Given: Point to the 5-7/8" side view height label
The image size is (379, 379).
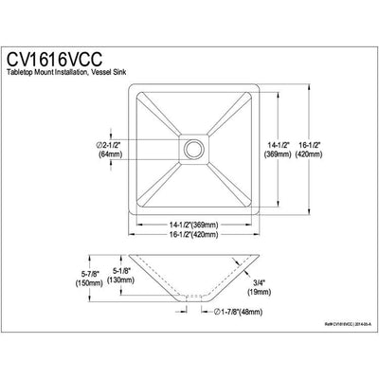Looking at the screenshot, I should [x=66, y=273].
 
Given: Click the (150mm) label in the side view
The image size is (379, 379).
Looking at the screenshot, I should [x=67, y=283].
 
